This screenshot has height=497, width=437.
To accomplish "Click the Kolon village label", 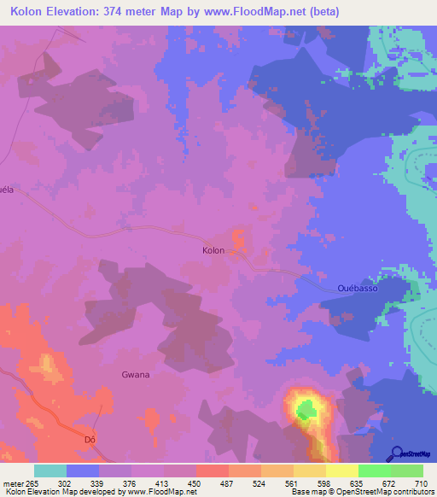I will point(213,251).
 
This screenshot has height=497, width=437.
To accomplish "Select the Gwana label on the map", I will point(135,375).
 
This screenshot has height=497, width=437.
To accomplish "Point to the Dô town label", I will point(89,440).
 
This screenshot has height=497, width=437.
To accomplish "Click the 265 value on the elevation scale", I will point(33,482).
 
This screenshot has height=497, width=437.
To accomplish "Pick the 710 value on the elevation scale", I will point(418,482).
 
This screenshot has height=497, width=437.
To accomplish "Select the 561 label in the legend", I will point(291,482).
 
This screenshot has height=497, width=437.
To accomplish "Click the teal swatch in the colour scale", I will point(50,471).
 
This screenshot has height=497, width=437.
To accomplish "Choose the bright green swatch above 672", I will point(374,471).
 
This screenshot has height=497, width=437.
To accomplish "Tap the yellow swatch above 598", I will point(309,471).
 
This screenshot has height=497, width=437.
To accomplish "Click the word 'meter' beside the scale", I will point(13,482).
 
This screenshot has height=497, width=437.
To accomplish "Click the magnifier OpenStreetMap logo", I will point(396,453).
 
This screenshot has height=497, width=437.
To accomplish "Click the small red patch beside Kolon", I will point(238,239).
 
